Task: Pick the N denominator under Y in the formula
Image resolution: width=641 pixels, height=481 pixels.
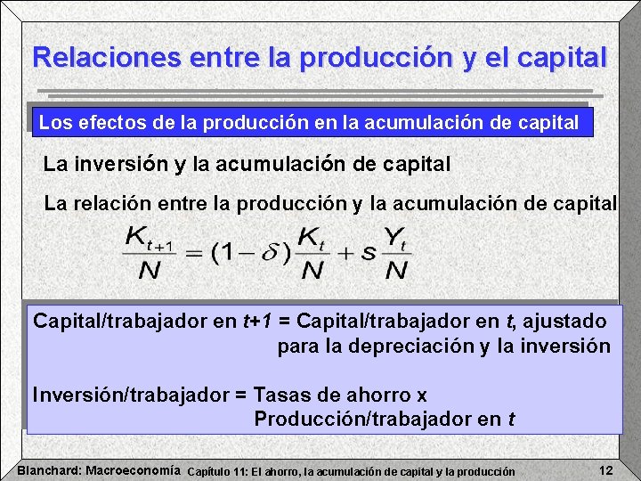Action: pos(395,270)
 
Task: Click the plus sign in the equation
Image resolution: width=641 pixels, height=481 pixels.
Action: pos(344,253)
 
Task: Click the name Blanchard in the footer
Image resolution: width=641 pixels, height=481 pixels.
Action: pos(49,469)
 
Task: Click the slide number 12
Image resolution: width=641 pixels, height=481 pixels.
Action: pos(605,469)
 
